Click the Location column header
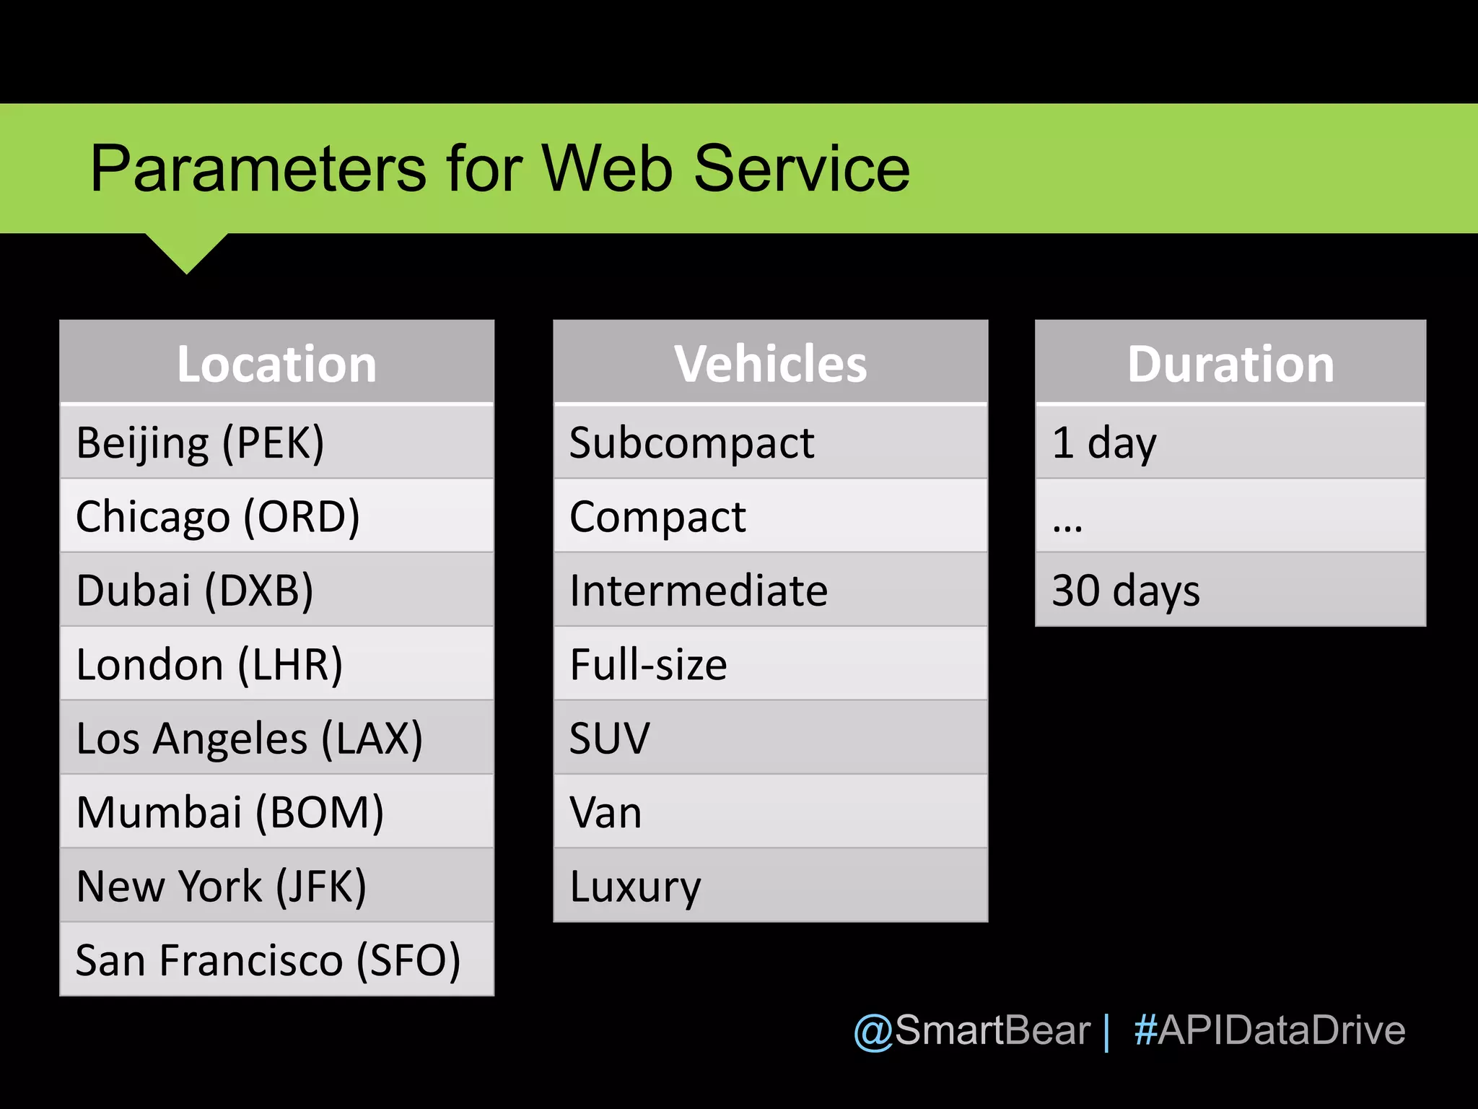pos(276,363)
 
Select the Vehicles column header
pos(770,363)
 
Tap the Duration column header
pos(1230,363)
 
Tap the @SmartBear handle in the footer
pos(971,1030)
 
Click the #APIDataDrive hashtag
pos(1269,1030)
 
